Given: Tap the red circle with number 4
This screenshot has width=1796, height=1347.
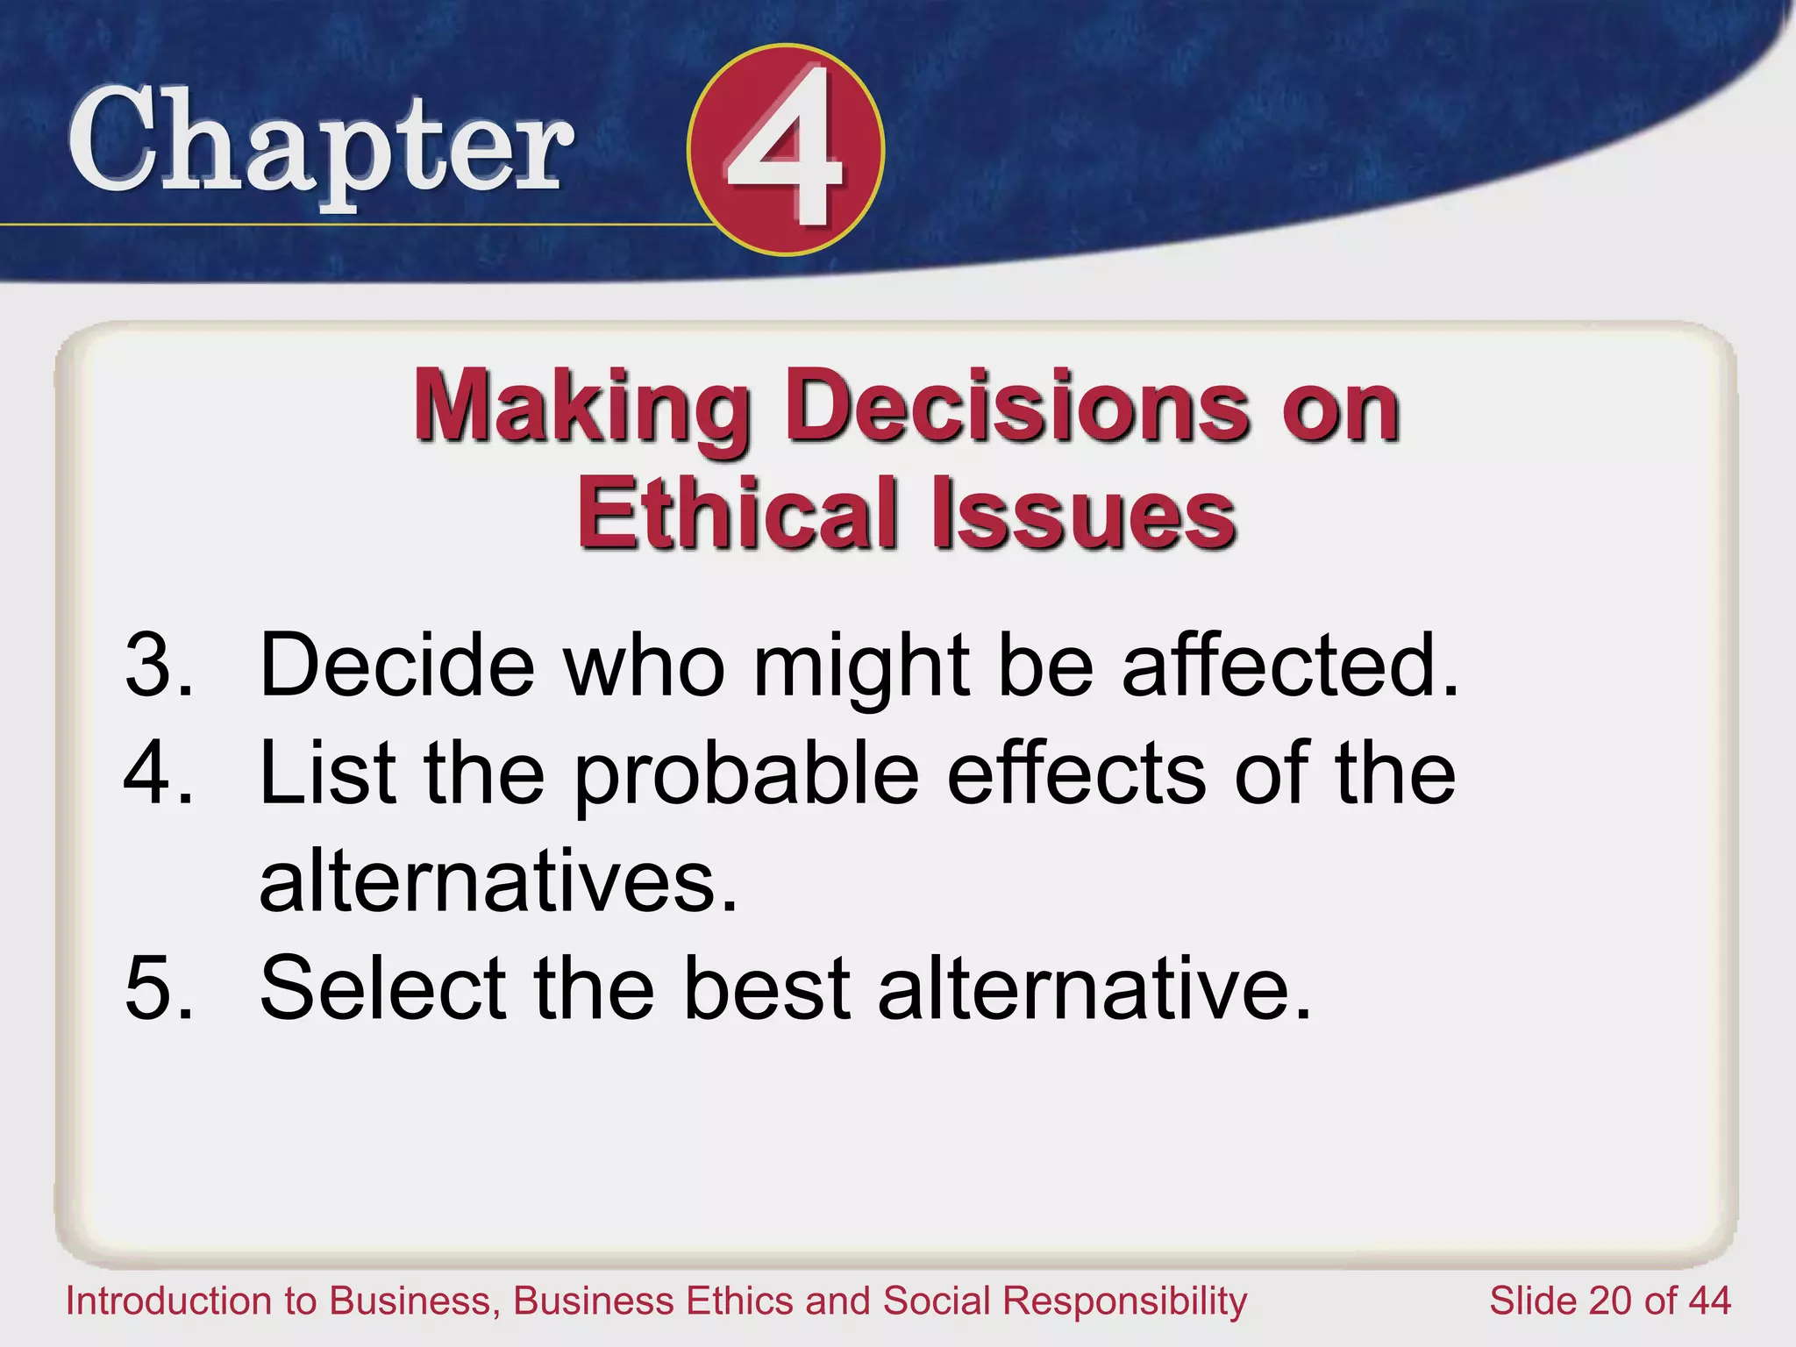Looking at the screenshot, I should pyautogui.click(x=785, y=150).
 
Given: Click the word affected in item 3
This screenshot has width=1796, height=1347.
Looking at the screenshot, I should pyautogui.click(x=1289, y=665).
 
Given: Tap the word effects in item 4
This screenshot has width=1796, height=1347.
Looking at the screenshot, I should pyautogui.click(x=1077, y=773).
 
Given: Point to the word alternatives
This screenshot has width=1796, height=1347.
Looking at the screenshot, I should pyautogui.click(x=497, y=880).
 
